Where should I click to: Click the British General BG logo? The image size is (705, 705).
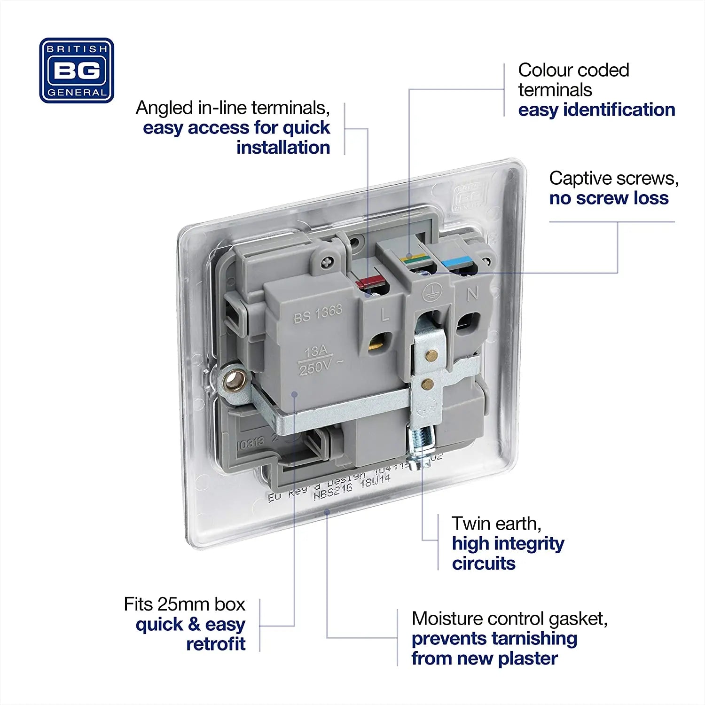coord(77,70)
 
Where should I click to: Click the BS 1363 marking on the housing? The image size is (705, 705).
coord(318,314)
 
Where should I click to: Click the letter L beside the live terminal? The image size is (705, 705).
coord(385,314)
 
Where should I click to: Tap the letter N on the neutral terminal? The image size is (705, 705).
coord(472,294)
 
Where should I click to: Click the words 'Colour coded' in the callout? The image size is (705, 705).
coord(573,70)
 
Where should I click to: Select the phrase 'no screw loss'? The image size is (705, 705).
coord(609,198)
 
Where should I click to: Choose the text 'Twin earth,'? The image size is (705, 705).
coord(496,524)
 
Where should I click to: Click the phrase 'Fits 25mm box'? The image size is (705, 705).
coord(184,604)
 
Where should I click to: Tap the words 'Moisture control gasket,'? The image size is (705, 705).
coord(509,619)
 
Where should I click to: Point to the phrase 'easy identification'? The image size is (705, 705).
coord(596,110)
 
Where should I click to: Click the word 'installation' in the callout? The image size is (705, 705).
coord(283,148)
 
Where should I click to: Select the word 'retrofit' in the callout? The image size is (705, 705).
coord(216,644)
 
